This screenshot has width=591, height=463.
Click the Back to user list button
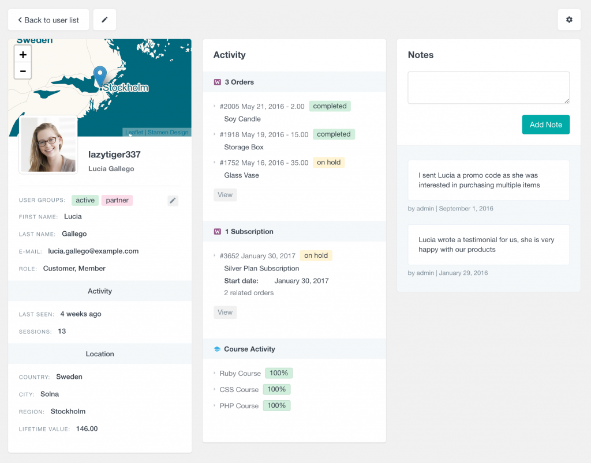[48, 20]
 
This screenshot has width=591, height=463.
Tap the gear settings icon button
[569, 20]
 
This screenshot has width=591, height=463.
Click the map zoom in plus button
[23, 55]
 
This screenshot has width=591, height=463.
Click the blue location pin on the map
[100, 77]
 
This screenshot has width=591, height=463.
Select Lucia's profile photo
[48, 145]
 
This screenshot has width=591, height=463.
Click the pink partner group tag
[117, 200]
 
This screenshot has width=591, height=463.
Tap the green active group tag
[85, 200]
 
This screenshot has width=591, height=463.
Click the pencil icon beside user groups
[173, 201]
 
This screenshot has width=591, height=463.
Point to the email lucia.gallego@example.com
[93, 251]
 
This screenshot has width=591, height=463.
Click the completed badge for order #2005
[330, 106]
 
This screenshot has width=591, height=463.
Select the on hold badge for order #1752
[328, 163]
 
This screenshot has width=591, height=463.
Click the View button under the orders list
[225, 195]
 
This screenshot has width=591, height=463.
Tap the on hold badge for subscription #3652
[316, 255]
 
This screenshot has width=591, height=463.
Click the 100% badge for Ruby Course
[279, 373]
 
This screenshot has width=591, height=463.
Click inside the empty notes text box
[488, 88]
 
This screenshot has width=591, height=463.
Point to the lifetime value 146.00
[87, 428]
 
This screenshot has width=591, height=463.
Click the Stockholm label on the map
[125, 88]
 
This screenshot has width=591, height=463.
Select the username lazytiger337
[114, 155]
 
